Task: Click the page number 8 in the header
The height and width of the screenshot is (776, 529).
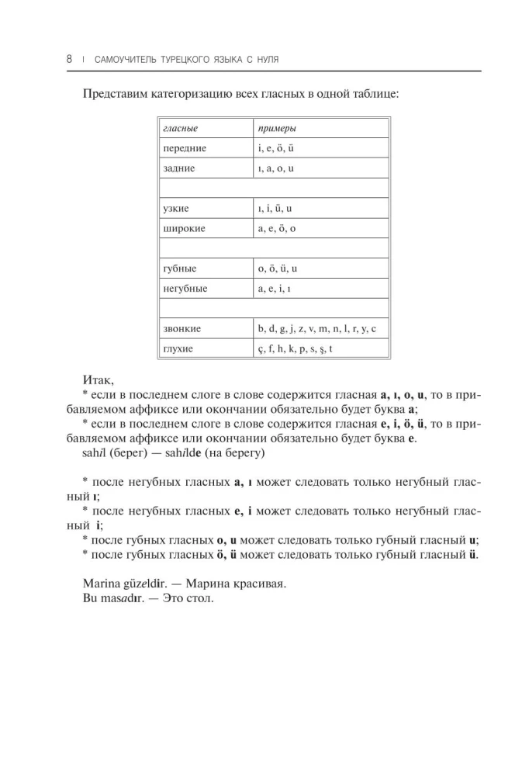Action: coord(69,59)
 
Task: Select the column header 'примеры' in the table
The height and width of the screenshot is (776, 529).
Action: coord(277,128)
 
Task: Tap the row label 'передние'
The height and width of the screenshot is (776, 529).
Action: coord(185,147)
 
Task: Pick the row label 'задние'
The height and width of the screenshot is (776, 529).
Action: coord(179,168)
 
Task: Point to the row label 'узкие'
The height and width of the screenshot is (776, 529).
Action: coord(176,209)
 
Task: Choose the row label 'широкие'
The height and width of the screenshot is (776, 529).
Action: coord(183,229)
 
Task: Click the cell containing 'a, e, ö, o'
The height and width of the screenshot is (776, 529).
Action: coord(277,229)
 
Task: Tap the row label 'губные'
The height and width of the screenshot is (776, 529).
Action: coord(180,268)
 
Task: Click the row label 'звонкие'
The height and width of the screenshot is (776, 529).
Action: coord(182,329)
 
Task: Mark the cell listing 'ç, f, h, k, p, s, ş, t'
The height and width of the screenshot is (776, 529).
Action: coord(296,349)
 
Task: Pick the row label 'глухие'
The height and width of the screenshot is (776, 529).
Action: coord(178,349)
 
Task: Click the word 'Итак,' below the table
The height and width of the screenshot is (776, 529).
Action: coord(97,379)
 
